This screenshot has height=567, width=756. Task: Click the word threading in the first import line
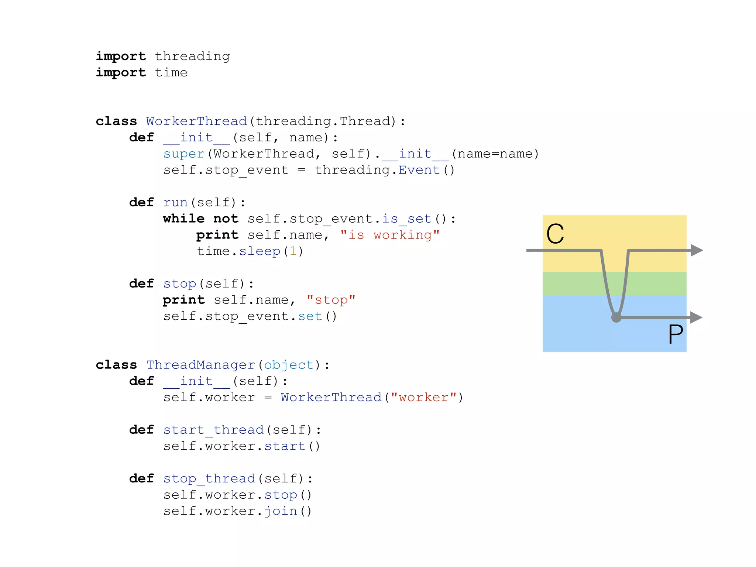192,56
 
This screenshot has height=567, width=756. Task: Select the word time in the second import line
171,73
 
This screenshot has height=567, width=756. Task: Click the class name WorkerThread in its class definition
196,121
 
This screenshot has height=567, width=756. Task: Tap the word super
184,154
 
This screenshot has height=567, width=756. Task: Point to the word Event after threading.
419,170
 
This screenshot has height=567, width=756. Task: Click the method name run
175,203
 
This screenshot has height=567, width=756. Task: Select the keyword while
183,219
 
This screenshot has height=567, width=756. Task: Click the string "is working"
390,235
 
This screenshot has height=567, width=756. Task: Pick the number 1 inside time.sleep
293,251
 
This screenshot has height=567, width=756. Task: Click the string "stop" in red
331,300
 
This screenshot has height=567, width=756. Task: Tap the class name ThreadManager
200,365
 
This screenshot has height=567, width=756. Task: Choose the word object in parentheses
289,365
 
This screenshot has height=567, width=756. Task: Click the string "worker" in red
423,398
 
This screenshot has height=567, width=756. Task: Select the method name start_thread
213,430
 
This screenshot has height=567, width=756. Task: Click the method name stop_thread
209,479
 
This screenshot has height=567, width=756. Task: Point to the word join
281,511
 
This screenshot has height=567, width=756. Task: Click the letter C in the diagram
555,234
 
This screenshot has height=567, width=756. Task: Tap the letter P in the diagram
676,334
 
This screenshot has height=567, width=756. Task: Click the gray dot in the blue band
616,317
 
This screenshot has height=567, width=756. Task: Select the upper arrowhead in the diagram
696,250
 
